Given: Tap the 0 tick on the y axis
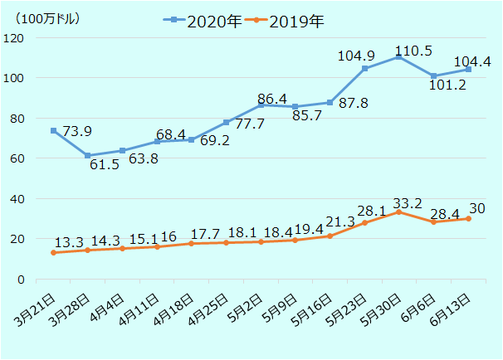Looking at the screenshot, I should (19, 280).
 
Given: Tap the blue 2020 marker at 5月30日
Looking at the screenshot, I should (399, 56).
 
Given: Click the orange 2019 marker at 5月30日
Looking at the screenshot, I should (399, 212).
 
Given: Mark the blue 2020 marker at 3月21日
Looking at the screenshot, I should (53, 130).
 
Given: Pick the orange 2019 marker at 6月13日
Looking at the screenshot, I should (468, 218).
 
